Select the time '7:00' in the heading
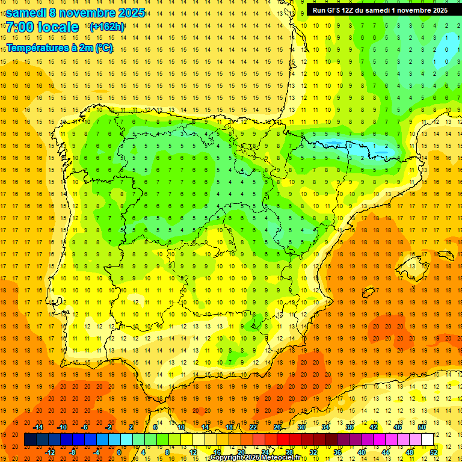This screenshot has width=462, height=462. (19, 27)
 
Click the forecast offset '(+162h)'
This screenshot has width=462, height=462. (106, 26)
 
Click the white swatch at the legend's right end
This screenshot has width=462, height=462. (427, 440)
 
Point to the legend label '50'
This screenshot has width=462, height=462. (422, 427)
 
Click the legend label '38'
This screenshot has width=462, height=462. (350, 427)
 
